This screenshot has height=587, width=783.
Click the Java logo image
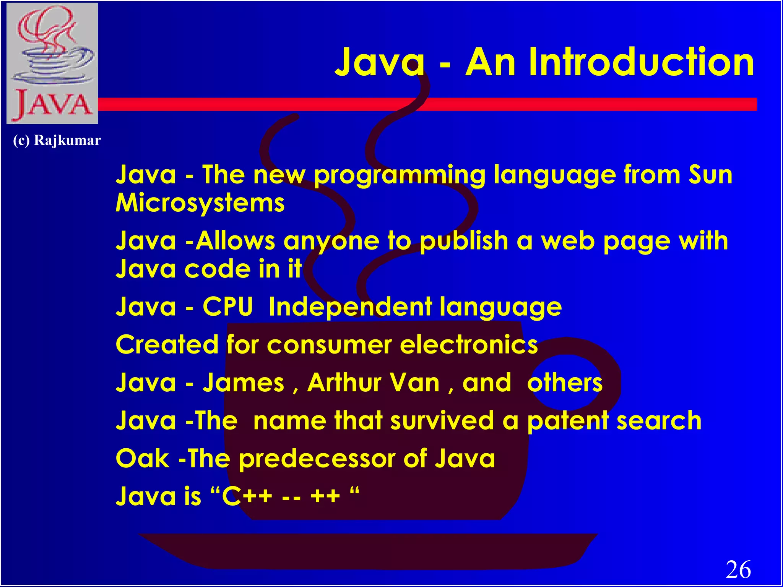coord(52,63)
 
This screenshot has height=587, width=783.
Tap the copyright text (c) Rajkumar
coord(57,141)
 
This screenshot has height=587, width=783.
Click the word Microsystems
coord(200,203)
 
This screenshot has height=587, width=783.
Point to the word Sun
coord(710,175)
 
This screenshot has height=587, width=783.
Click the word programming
coord(400,175)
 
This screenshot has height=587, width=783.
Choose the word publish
coord(464,242)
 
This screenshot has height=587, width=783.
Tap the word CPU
coord(227,307)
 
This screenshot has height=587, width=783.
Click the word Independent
coord(350,307)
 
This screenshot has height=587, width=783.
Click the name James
coord(244,383)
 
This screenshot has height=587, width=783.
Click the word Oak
coord(142,459)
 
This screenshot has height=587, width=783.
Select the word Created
coord(166,345)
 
